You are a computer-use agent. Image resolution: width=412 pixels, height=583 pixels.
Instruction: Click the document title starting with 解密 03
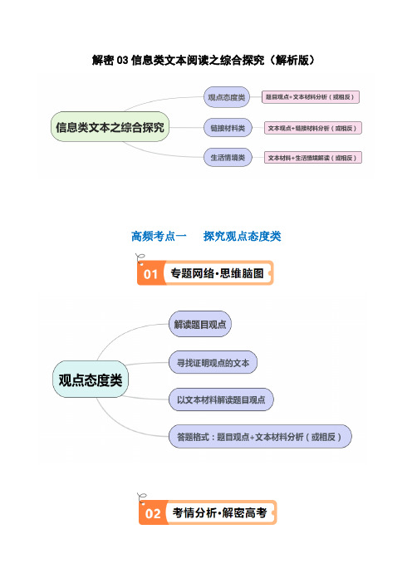click(x=204, y=60)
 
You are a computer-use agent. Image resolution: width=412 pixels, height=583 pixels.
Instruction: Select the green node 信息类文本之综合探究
click(x=110, y=127)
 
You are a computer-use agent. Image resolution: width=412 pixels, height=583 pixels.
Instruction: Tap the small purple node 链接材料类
click(x=228, y=128)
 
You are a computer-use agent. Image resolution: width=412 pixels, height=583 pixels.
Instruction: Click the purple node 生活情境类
click(x=228, y=157)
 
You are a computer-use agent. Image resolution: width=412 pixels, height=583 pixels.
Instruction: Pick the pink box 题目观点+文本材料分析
click(x=311, y=97)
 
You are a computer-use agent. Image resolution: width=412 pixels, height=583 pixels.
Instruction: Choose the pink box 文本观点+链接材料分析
click(x=312, y=128)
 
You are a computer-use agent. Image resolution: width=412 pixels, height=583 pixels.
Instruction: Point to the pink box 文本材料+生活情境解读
click(x=312, y=158)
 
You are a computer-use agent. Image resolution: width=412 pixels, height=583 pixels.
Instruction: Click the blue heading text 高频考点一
click(x=159, y=236)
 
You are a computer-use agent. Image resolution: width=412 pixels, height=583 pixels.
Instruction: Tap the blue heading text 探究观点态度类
click(x=242, y=236)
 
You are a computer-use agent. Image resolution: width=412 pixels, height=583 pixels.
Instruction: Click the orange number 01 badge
click(x=150, y=274)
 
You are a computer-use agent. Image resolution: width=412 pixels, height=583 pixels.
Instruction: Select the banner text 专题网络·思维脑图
click(x=217, y=273)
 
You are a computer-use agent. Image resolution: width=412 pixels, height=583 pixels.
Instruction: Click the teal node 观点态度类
click(x=91, y=380)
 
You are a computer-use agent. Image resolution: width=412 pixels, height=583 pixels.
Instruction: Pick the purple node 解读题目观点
click(x=200, y=324)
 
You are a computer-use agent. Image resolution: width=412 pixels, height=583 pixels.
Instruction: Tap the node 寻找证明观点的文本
click(x=213, y=363)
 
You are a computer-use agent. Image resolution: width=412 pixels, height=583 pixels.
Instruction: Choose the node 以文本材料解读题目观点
click(x=221, y=399)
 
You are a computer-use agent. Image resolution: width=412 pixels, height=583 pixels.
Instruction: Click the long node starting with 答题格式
click(x=260, y=437)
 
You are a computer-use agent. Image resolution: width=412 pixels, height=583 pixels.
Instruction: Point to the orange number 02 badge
click(x=153, y=513)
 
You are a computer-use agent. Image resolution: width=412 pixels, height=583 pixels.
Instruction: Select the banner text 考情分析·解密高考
click(x=219, y=512)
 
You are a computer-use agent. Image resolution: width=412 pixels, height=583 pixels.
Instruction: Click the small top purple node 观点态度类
click(x=227, y=97)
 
